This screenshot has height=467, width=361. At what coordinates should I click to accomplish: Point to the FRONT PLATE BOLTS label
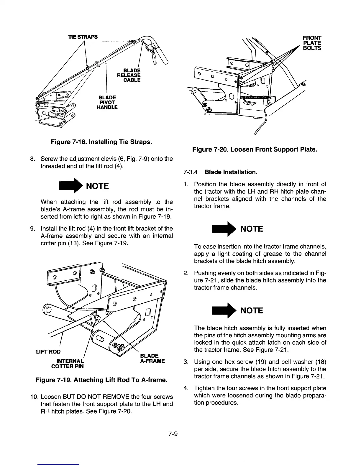click(312, 43)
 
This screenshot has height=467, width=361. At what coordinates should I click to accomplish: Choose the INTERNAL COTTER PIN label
click(68, 364)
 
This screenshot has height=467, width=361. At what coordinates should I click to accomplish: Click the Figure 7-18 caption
click(101, 142)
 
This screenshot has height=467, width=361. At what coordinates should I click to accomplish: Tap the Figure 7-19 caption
click(101, 380)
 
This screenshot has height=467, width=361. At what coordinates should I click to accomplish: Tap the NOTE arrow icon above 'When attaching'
click(70, 186)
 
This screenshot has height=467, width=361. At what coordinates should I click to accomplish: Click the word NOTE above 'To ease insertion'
click(252, 229)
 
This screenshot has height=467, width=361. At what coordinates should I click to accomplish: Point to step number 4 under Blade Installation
click(186, 388)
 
